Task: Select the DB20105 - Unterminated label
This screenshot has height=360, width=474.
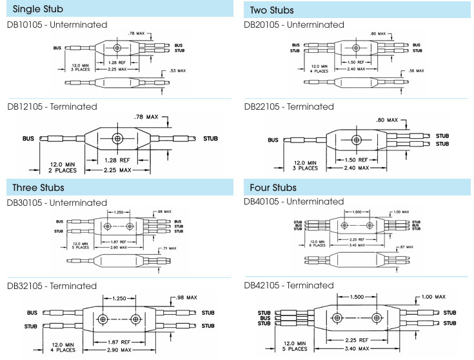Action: coord(295,25)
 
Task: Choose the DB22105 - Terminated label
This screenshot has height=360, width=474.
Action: coord(290,106)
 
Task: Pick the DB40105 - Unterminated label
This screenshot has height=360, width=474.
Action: coord(295,202)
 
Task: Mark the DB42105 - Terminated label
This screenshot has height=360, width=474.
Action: coord(290,285)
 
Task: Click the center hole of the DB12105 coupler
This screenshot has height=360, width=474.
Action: coord(117,139)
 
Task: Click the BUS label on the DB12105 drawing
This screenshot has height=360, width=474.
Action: coord(28,138)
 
